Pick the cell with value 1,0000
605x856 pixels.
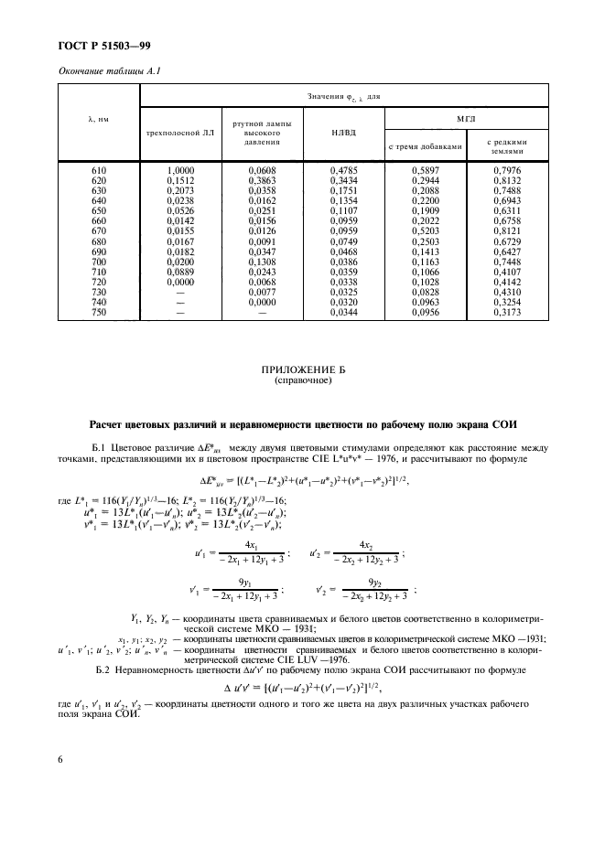(x=179, y=171)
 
